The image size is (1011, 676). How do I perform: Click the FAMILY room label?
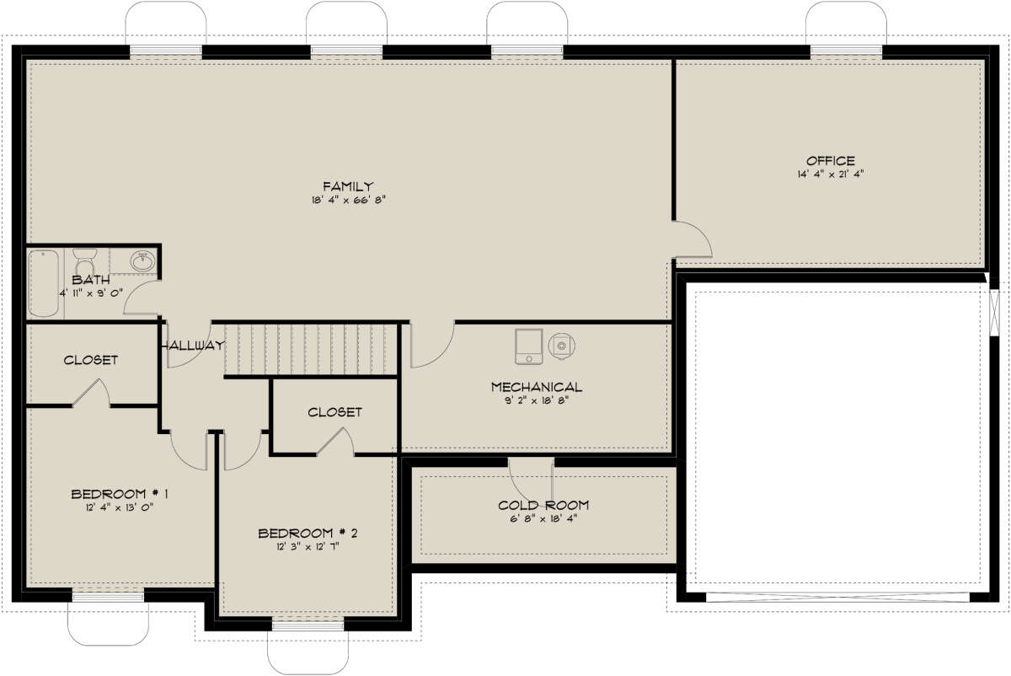347,186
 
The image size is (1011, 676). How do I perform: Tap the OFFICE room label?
830,160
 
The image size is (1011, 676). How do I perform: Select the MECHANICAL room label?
537,387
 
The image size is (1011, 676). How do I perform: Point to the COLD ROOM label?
543,505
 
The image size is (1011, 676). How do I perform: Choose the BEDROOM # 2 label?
308,533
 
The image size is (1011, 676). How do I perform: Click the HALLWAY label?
193,345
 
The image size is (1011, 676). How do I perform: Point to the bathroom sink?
142,261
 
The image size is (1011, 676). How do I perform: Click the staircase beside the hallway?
309,349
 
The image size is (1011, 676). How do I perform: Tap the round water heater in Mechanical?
561,344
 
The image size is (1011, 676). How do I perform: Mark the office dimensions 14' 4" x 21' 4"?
830,174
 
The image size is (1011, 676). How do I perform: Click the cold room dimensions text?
543,518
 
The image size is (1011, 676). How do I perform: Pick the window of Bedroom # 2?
308,625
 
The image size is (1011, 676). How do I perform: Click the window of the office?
846,51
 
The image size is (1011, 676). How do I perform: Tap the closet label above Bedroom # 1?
90,360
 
